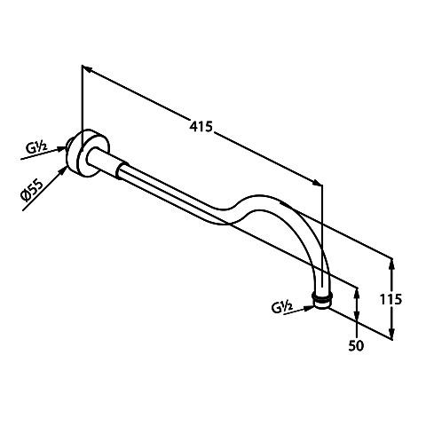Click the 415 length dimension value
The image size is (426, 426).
point(201,127)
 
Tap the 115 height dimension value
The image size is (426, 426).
point(390,299)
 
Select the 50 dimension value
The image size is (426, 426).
point(356,345)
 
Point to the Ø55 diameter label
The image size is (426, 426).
point(32,190)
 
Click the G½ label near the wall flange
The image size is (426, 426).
point(36,147)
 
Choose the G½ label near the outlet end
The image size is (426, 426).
point(282,308)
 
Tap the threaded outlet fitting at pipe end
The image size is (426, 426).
point(322,300)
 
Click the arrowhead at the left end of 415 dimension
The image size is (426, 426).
point(86,68)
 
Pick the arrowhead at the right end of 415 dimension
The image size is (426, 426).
point(318,182)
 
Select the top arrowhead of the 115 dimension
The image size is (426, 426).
point(391,264)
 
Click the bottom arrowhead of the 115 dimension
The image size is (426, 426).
point(391,334)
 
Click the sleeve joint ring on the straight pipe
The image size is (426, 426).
point(122,170)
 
